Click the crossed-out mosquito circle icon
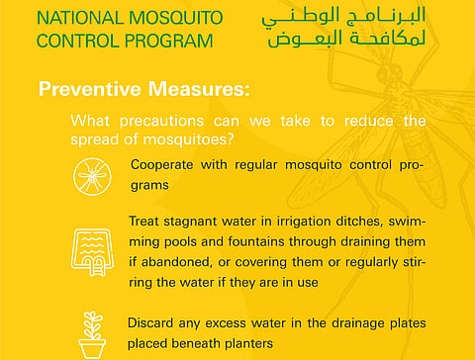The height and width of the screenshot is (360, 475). [x=91, y=176]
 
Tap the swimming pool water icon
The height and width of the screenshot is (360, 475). [x=91, y=247]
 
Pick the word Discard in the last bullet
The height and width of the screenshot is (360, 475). [x=151, y=322]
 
